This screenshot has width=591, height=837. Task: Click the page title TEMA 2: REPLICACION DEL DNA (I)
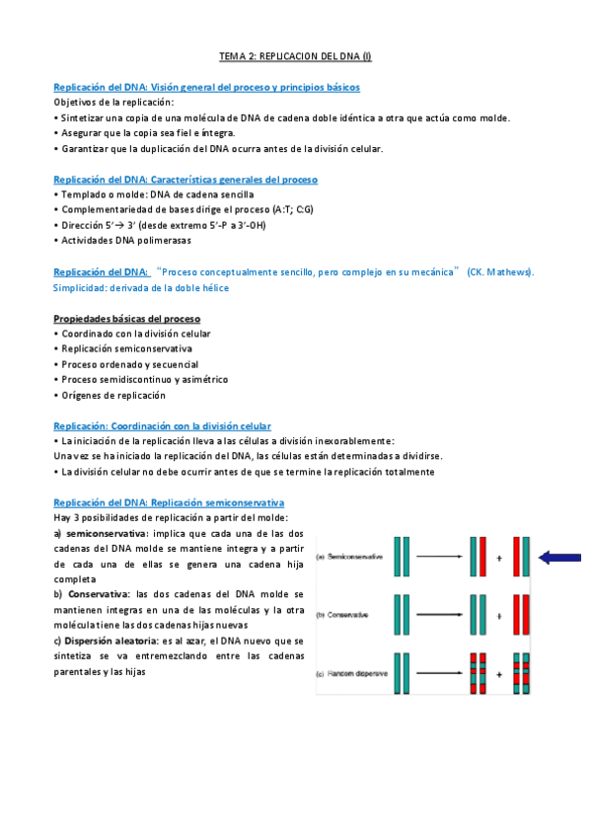[x=295, y=57]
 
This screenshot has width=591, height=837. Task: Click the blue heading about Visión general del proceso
[x=206, y=88]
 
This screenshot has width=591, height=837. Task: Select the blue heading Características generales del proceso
[x=185, y=180]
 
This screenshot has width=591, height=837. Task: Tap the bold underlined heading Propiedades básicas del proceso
[x=127, y=319]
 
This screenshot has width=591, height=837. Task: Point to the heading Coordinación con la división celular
[x=162, y=425]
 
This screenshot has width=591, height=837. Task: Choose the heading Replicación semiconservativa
[x=169, y=502]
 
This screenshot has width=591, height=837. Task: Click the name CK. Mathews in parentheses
[x=500, y=271]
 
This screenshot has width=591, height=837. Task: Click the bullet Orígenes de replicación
[x=113, y=395]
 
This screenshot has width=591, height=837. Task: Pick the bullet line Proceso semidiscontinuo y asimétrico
[x=144, y=379]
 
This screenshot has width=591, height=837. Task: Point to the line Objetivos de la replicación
[x=113, y=103]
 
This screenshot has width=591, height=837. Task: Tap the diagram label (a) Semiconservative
[x=347, y=558]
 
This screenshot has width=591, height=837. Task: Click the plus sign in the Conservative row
[x=500, y=616]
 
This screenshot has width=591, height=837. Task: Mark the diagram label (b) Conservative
[x=344, y=616]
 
